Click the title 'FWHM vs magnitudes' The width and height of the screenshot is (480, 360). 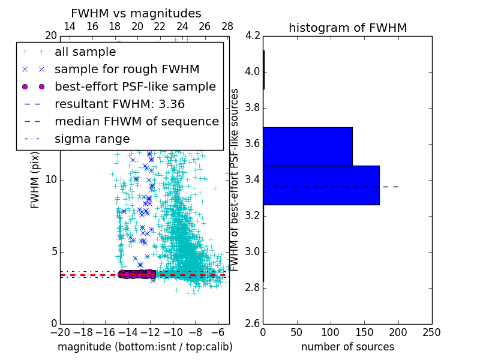tap(136, 13)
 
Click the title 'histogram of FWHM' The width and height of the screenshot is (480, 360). tap(347, 28)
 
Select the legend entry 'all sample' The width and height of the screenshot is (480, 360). tap(85, 52)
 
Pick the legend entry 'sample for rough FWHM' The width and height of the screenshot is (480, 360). tap(127, 69)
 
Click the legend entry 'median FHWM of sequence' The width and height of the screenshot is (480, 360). tap(136, 121)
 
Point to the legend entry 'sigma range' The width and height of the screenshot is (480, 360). tap(92, 139)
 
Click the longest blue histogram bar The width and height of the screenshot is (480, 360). tap(321, 185)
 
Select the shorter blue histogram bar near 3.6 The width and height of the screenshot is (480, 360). tap(307, 146)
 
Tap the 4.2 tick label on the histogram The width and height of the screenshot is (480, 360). tap(253, 36)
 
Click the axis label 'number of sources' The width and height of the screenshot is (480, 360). tap(347, 347)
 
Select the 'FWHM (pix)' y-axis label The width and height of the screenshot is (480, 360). tap(35, 180)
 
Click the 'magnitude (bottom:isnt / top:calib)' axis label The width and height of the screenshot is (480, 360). tap(145, 347)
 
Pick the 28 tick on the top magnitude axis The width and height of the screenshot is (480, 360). tap(227, 26)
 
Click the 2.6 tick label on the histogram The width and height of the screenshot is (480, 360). tap(253, 323)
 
